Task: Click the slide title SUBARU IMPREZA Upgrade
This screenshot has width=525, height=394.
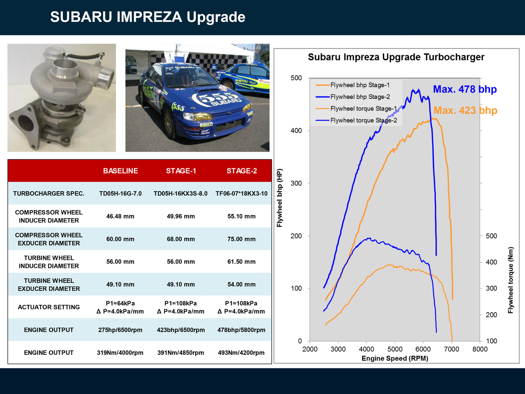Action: pos(148,17)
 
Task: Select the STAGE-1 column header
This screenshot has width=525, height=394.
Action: pos(181,171)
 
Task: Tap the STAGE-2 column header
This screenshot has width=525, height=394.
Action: pos(242,171)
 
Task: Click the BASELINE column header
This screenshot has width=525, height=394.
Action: pos(120,171)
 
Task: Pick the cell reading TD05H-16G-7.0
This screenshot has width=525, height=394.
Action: pos(120,193)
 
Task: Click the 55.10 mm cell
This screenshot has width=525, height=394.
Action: pos(241,216)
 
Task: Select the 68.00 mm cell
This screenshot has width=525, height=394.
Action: pos(181,239)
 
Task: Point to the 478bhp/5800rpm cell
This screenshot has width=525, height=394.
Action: pos(241,330)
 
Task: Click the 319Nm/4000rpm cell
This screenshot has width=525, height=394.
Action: pos(120,353)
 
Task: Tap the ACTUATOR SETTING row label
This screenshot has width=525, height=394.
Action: pos(49,307)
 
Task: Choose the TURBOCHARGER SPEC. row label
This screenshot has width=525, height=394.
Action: pos(49,193)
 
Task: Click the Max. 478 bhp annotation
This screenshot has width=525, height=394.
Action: pos(465,89)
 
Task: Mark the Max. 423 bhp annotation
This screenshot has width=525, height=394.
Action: pos(465,110)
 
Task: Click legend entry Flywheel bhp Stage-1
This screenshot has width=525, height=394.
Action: pos(360,85)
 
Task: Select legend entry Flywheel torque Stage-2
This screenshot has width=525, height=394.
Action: pos(363,120)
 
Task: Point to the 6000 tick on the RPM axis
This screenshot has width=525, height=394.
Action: pos(423,349)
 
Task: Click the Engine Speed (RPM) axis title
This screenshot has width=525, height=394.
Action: pos(395,358)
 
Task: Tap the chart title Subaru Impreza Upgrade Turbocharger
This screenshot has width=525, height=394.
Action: pos(396,57)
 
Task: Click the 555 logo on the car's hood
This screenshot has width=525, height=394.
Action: pos(214,98)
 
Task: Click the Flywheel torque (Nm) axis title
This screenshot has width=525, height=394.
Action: pos(511,280)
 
